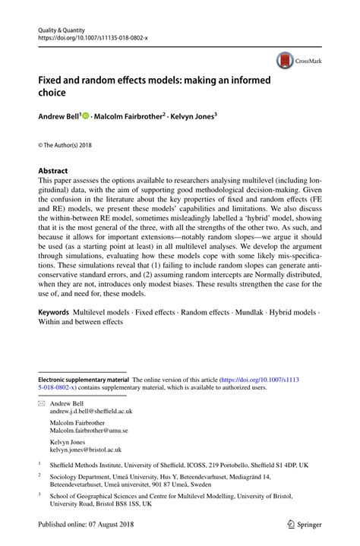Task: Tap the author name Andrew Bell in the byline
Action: pyautogui.click(x=55, y=118)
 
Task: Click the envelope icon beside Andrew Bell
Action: pyautogui.click(x=42, y=404)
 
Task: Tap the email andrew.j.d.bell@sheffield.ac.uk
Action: pyautogui.click(x=92, y=412)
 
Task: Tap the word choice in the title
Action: pyautogui.click(x=55, y=93)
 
